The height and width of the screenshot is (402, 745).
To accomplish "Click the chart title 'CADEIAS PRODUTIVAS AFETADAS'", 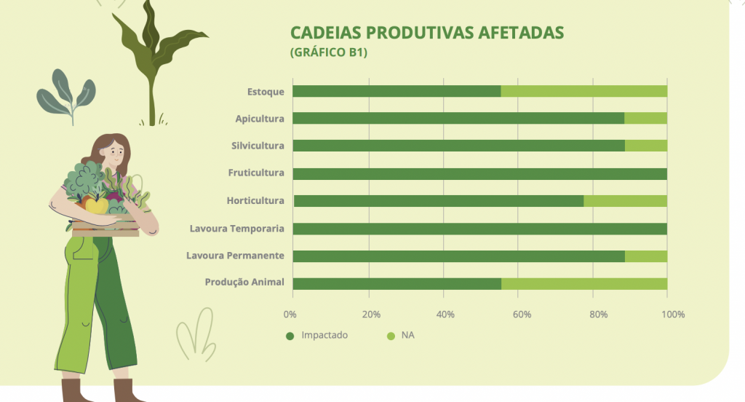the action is click(426, 33).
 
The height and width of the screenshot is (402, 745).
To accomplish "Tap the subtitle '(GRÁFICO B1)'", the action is click(329, 52).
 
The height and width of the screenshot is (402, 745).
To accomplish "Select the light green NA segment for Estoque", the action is click(584, 91).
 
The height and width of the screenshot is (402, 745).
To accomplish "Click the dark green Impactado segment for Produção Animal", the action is click(397, 284).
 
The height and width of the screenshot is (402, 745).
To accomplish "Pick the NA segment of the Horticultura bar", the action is click(625, 201).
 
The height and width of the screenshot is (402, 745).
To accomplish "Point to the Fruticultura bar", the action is click(480, 173).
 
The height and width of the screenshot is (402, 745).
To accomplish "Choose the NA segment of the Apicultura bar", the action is click(646, 118).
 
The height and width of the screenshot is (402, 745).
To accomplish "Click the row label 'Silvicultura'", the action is click(258, 146).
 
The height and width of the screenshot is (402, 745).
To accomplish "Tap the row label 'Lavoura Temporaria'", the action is click(236, 229).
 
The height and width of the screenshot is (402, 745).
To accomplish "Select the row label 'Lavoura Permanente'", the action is click(235, 256).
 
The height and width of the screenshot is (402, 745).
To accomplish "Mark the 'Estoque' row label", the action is click(266, 92).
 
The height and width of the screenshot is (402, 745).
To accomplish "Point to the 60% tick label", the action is click(522, 315).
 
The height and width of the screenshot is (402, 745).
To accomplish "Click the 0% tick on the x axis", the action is click(290, 315).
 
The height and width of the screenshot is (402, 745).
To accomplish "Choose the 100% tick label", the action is click(673, 315).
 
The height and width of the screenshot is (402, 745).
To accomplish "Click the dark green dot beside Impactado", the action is click(290, 336).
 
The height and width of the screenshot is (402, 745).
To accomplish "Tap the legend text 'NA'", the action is click(407, 335).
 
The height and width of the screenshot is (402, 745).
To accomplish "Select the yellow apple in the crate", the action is click(97, 205).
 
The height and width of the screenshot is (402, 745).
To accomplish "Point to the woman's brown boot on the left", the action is click(75, 390).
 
